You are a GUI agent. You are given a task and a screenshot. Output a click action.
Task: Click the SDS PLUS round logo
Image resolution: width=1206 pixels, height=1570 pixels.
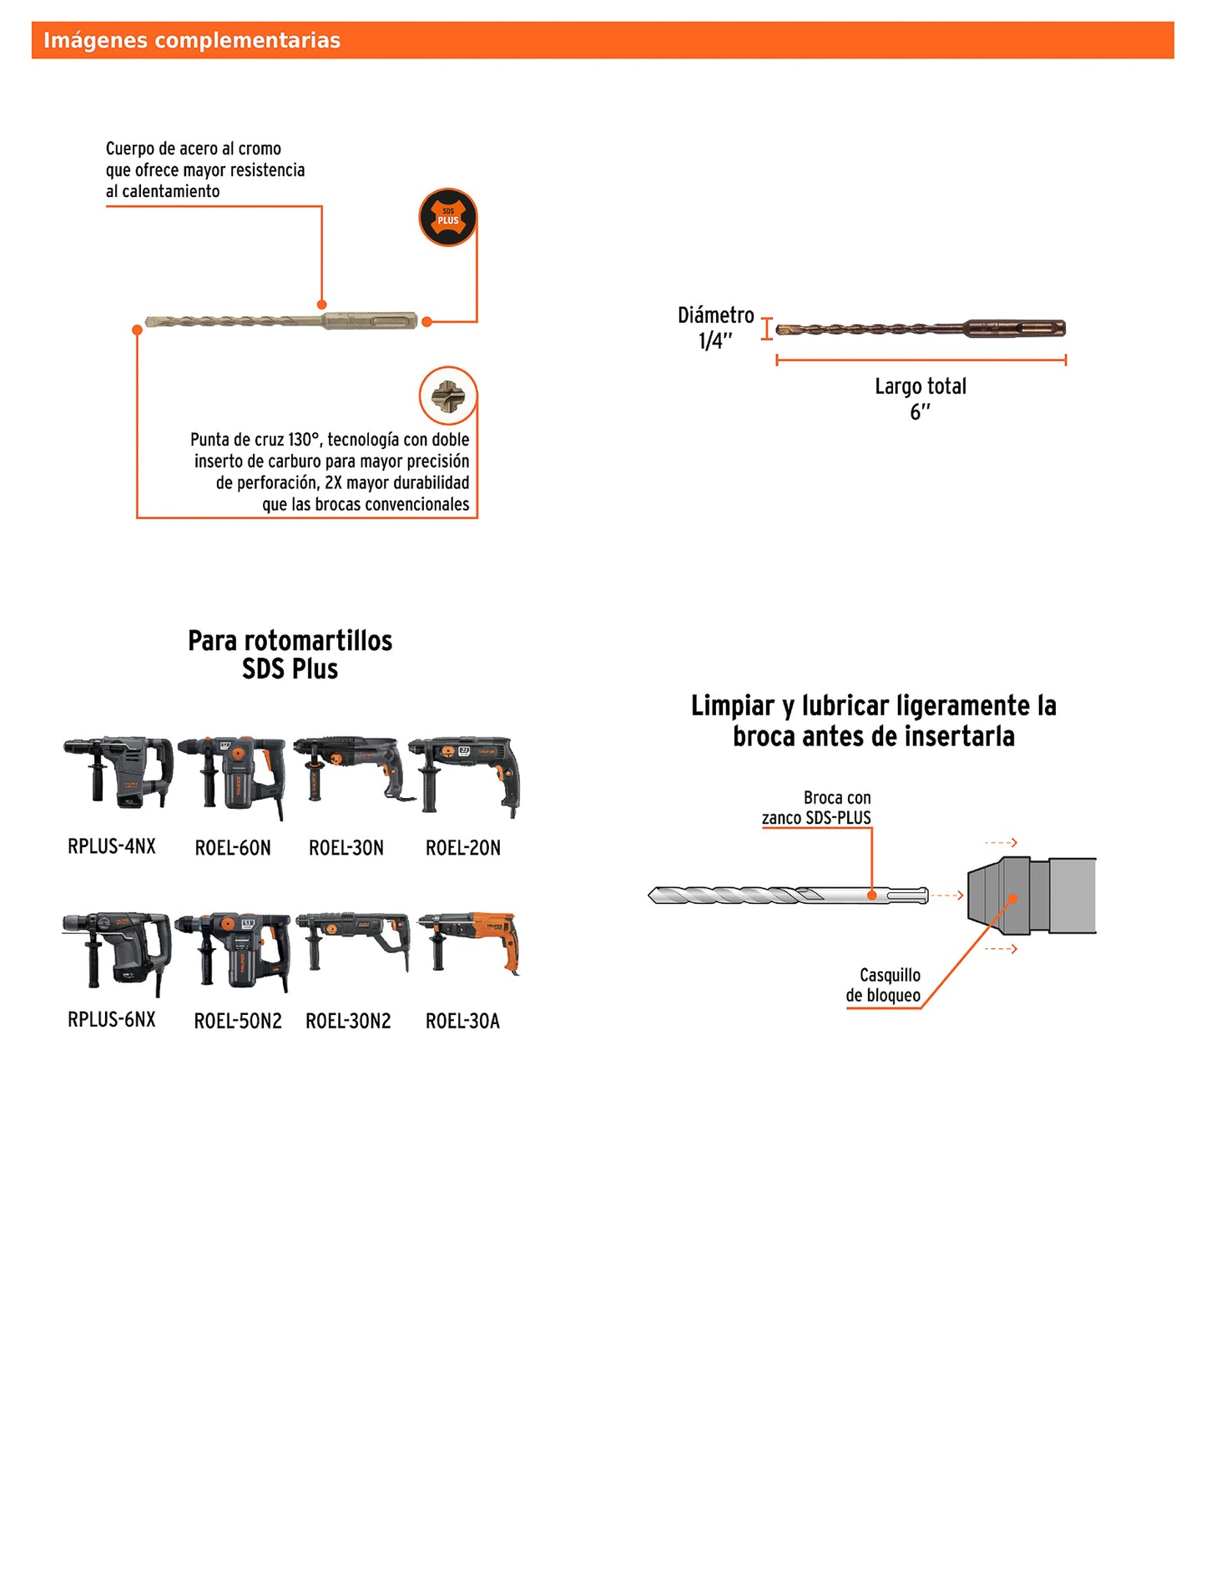click(448, 217)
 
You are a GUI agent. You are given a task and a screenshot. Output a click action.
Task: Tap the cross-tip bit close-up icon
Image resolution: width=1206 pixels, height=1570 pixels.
click(448, 396)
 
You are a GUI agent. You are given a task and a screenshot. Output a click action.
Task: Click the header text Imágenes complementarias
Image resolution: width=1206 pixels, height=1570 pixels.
click(192, 40)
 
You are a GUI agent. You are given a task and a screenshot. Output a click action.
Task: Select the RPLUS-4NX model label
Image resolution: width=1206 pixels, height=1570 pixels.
click(112, 846)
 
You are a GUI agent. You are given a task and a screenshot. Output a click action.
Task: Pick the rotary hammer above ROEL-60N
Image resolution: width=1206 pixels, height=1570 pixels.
click(233, 775)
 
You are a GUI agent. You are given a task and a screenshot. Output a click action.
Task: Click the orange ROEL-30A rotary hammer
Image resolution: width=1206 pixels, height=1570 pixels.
click(470, 943)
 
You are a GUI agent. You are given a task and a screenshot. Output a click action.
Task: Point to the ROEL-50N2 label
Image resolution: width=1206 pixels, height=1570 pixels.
click(238, 1021)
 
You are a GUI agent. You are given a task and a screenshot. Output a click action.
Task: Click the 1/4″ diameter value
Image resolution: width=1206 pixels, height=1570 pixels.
click(715, 341)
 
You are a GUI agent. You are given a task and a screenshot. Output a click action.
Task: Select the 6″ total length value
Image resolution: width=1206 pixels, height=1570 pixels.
click(920, 411)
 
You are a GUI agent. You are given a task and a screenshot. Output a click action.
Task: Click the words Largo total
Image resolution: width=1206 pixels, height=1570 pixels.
click(921, 386)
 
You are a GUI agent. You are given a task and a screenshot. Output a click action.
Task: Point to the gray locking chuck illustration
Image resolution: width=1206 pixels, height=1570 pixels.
click(1032, 896)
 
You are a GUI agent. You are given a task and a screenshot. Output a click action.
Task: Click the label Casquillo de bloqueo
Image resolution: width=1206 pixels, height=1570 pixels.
click(884, 985)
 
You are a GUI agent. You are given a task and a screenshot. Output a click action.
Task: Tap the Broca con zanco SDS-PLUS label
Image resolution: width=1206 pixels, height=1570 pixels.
click(817, 808)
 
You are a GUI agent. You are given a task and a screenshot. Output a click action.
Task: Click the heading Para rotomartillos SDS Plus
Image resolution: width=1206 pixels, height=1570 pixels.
click(290, 654)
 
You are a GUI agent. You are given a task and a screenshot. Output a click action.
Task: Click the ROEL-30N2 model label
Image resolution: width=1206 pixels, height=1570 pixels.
click(348, 1021)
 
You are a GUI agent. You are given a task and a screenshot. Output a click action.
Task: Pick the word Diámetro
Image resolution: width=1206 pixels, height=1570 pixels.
click(716, 316)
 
